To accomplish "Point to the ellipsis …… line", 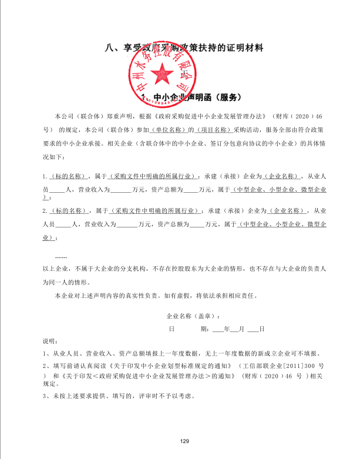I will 60,257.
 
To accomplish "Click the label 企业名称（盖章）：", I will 197,315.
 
